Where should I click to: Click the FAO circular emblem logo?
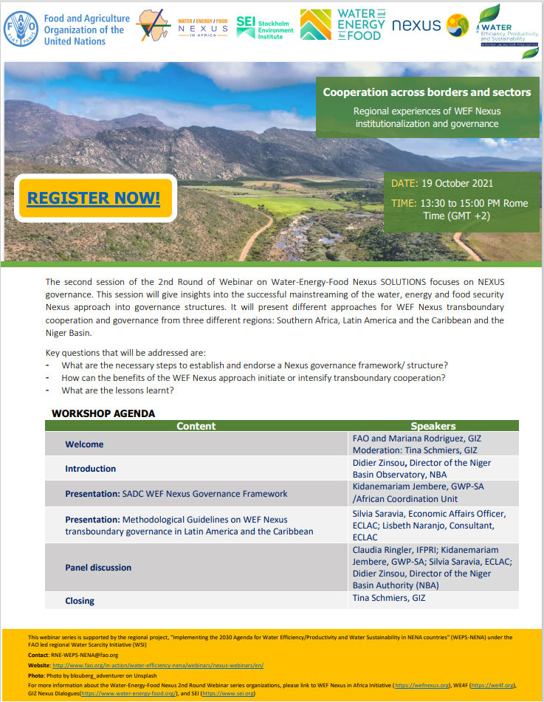[x=21, y=29]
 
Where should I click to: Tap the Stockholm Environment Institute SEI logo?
[x=264, y=27]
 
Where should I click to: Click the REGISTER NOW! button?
[x=94, y=198]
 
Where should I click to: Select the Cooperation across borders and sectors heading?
[x=427, y=92]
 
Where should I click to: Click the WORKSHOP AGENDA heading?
[x=103, y=413]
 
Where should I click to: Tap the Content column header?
[x=196, y=426]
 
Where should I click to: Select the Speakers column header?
[x=433, y=426]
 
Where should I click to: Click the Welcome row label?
[x=84, y=444]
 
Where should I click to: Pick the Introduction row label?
[x=90, y=469]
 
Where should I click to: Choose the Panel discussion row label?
[x=98, y=568]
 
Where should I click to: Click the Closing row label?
[x=80, y=601]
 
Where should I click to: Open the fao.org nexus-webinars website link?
[x=158, y=665]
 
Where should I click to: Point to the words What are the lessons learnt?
[x=117, y=390]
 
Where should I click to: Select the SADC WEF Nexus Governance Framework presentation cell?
[x=176, y=493]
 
